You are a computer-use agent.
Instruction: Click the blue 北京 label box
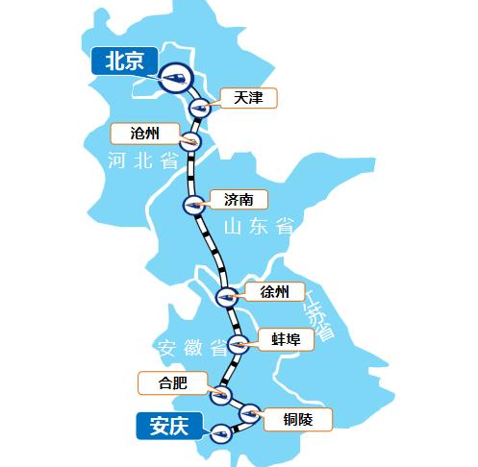click(x=122, y=62)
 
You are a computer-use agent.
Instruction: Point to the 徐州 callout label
click(x=274, y=292)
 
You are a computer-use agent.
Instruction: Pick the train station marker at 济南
click(x=194, y=205)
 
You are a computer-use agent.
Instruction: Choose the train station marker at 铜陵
click(x=249, y=413)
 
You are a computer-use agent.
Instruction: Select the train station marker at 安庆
click(x=222, y=431)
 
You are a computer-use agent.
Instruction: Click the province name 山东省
click(x=258, y=228)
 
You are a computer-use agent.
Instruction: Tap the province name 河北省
click(x=145, y=160)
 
